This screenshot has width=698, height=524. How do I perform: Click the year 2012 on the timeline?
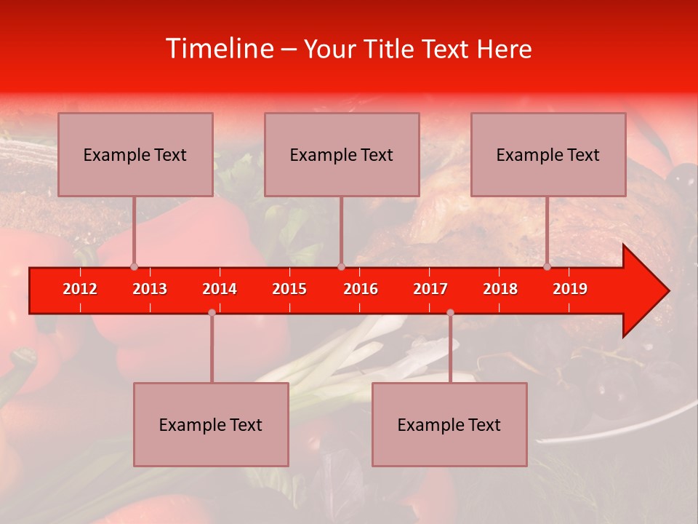[80, 289]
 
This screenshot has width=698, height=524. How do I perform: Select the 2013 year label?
[150, 289]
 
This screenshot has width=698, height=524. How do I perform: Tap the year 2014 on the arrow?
[220, 289]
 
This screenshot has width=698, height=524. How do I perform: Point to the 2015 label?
[289, 289]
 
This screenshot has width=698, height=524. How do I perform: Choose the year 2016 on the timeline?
[361, 289]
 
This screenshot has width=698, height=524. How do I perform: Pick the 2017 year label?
[430, 289]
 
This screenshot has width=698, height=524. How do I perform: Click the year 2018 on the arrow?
[500, 289]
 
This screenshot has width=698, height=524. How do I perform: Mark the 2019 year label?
[570, 289]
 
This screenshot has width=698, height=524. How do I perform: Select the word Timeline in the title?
[218, 49]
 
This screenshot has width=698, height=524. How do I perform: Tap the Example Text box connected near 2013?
[135, 154]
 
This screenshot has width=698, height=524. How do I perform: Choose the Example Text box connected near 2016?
[342, 154]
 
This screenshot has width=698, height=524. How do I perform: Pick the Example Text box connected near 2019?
[548, 154]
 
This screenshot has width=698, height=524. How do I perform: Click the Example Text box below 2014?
[211, 424]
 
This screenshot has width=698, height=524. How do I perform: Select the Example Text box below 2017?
[449, 424]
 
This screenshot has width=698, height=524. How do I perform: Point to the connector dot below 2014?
[212, 312]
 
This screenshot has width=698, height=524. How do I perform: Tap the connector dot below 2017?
[450, 312]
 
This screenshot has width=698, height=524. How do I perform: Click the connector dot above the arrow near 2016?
[341, 266]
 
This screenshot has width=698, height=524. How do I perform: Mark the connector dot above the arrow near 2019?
[547, 266]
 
